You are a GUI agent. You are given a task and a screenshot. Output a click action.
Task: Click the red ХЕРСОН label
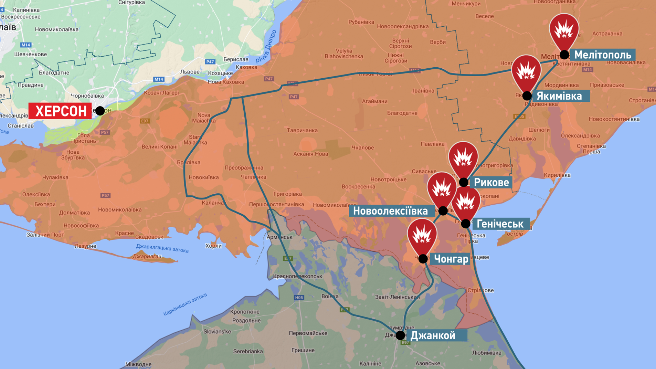click(60, 111)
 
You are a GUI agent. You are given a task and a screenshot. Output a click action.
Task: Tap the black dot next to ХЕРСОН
click(100, 111)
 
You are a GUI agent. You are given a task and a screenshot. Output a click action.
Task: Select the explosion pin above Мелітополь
click(564, 31)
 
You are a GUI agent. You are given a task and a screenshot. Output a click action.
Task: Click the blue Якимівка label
click(559, 96)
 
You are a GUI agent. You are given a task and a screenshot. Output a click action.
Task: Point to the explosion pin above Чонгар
click(422, 235)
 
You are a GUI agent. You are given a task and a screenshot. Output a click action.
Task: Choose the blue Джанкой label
click(433, 336)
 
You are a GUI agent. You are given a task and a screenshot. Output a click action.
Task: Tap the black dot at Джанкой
click(400, 335)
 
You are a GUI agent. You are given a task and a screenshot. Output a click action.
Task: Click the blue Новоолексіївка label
click(390, 211)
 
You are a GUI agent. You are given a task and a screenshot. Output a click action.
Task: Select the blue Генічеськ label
click(500, 224)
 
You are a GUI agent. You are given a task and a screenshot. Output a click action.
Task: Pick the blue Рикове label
click(491, 182)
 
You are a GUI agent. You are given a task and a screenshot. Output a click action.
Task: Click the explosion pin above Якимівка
click(526, 72)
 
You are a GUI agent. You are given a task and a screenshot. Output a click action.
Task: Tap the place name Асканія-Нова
click(311, 154)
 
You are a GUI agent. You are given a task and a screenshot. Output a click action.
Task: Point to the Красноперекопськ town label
click(298, 276)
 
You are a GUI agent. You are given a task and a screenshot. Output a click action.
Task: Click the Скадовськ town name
click(149, 237)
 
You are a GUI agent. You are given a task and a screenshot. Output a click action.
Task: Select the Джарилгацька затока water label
click(162, 248)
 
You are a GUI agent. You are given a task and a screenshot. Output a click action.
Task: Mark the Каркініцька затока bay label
click(185, 304)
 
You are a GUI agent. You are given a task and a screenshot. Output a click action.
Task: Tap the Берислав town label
click(236, 59)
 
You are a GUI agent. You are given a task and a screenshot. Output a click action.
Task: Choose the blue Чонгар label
click(451, 259)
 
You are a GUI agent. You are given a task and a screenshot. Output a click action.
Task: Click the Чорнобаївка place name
click(87, 96)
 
